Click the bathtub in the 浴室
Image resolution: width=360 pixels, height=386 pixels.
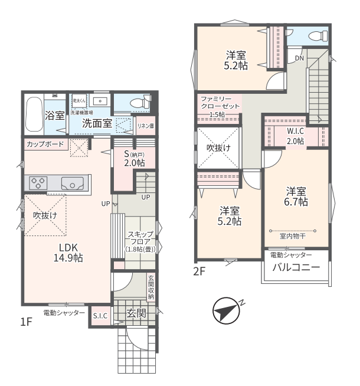[x=34, y=115]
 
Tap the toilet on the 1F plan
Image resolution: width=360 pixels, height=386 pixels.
[x=140, y=102]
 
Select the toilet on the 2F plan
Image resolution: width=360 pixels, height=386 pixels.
[x=319, y=36]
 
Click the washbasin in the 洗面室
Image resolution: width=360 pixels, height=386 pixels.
[x=100, y=101]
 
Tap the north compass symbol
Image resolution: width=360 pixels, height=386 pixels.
[x=227, y=310]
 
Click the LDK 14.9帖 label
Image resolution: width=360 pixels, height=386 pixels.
[x=68, y=253]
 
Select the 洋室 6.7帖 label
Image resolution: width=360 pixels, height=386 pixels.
[x=296, y=197]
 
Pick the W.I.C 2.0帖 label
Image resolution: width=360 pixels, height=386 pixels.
[x=295, y=136]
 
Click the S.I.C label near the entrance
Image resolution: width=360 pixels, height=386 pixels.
[x=100, y=316]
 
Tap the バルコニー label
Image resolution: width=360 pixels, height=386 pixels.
[x=296, y=267]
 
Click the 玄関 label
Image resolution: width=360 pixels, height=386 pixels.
[x=136, y=313]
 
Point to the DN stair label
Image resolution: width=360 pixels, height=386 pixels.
[x=299, y=58]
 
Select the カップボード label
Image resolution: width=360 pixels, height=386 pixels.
[x=45, y=144]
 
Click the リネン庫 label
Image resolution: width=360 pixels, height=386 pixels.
[x=146, y=126]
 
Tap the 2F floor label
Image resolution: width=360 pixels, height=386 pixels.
[x=199, y=271]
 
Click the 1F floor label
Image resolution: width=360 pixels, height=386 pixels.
[x=27, y=322]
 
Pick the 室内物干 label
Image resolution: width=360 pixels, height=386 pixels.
[x=293, y=236]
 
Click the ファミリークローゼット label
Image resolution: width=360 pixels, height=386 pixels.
[x=220, y=103]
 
